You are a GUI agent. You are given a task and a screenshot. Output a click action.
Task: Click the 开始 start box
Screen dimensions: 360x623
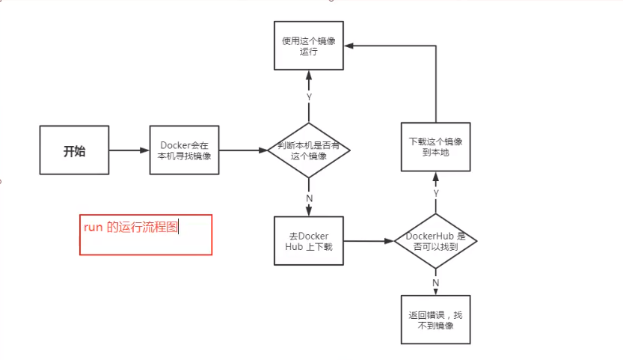tap(74, 150)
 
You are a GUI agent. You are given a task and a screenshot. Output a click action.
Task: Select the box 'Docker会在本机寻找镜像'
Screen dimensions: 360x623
tap(184, 150)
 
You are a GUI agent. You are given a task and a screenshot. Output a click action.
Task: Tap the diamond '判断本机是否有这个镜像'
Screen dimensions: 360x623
tap(309, 150)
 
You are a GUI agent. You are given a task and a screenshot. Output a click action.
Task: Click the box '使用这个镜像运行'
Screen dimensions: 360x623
tap(309, 46)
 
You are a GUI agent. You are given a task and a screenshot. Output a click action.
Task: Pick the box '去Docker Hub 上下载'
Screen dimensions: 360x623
tap(309, 242)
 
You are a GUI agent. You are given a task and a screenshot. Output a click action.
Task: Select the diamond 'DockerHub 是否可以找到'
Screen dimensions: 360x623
tap(435, 241)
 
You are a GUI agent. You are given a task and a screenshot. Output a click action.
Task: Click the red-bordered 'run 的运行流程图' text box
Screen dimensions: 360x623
tap(146, 234)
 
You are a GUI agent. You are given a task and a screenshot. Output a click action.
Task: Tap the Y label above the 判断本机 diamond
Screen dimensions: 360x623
tap(309, 97)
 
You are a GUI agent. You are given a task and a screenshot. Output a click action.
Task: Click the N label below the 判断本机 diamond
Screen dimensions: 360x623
tap(309, 198)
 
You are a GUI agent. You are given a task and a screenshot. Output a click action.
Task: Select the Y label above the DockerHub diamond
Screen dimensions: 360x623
tap(435, 193)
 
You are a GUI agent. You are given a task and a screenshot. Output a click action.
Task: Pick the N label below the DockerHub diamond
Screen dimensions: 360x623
tap(435, 283)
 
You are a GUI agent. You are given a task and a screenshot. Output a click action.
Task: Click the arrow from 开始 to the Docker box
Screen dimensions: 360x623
tap(129, 150)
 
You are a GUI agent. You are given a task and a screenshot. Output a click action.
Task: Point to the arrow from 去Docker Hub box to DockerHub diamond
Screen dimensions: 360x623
tap(368, 242)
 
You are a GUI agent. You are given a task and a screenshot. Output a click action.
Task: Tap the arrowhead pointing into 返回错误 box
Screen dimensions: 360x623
tap(435, 293)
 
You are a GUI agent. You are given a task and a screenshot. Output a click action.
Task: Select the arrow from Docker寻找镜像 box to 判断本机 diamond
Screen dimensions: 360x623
tap(243, 150)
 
